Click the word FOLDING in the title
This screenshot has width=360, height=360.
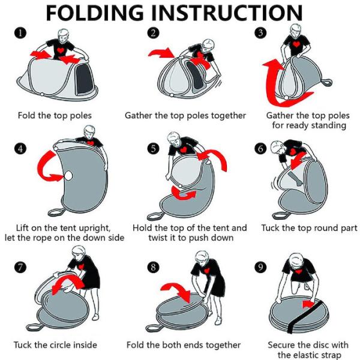[95, 13]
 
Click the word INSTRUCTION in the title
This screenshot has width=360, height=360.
[227, 13]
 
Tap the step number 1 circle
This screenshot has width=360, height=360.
[20, 33]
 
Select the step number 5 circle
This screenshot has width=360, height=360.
[153, 149]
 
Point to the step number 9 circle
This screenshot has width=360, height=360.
[260, 267]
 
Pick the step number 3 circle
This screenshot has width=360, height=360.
[260, 33]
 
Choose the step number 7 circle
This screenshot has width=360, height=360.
[20, 267]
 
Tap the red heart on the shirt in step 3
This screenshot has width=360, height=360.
[296, 44]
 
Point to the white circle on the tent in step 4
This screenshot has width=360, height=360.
[68, 176]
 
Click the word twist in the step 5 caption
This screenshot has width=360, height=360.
[158, 238]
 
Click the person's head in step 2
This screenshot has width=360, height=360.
[208, 46]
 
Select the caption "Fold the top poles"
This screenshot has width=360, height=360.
[55, 115]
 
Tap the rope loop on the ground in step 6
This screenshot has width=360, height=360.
[281, 216]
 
